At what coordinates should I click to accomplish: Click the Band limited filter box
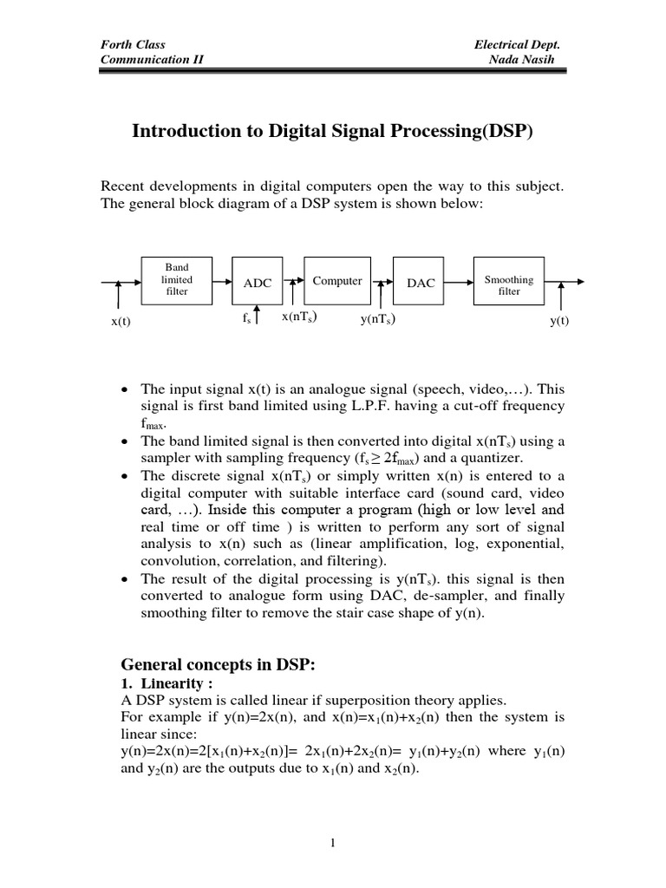coord(176,280)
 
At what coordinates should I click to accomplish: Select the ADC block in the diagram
coord(258,283)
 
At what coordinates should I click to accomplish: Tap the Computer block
coord(337,281)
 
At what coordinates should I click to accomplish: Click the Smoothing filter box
coord(509,281)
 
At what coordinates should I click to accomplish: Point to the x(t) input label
coord(121,322)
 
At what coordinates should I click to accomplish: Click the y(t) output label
coord(559,322)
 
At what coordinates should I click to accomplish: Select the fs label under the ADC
coord(247,319)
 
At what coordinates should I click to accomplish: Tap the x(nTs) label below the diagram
coord(298,317)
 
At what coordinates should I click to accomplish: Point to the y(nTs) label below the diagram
coord(379,319)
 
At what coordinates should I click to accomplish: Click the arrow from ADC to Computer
coord(294,281)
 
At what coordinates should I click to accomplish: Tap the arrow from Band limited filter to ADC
coord(220,281)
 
